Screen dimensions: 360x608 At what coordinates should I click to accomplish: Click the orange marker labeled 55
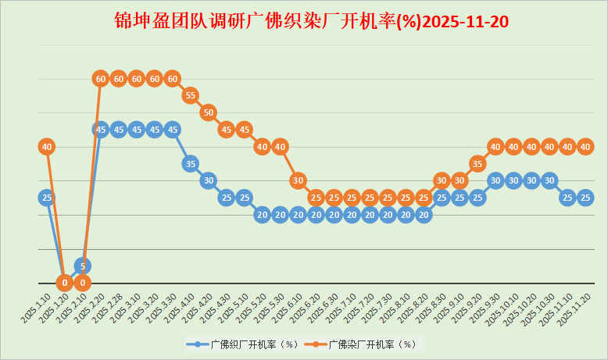(190, 95)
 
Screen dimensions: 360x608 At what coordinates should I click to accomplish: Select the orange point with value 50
(208, 112)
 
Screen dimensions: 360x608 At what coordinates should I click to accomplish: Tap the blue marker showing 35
(190, 163)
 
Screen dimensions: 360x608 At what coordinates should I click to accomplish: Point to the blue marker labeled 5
(82, 266)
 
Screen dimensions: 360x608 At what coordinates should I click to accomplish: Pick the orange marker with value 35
(477, 163)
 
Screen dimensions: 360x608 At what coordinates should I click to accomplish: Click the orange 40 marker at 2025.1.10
(46, 146)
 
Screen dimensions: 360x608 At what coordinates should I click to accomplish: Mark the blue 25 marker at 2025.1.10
(46, 198)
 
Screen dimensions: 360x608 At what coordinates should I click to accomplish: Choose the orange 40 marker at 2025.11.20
(585, 146)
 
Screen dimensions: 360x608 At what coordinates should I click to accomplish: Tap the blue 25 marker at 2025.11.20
(585, 198)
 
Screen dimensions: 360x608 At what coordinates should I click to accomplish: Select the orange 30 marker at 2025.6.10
(298, 180)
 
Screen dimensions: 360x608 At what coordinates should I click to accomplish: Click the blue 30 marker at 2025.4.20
(208, 180)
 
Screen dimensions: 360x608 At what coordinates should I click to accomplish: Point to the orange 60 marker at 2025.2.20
(100, 78)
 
